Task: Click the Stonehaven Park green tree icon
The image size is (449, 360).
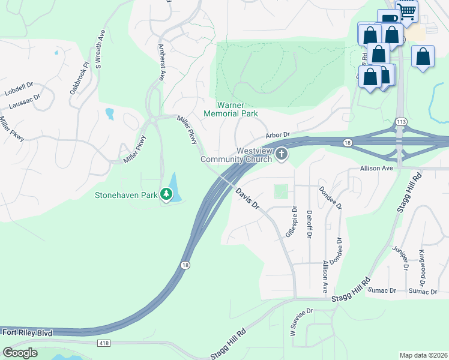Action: pyautogui.click(x=166, y=194)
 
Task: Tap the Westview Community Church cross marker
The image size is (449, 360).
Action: pyautogui.click(x=281, y=155)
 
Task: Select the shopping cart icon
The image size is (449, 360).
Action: pyautogui.click(x=408, y=10)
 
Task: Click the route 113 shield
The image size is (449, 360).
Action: pyautogui.click(x=400, y=122)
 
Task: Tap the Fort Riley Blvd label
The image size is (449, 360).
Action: pyautogui.click(x=27, y=332)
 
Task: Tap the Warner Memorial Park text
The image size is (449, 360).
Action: pyautogui.click(x=231, y=109)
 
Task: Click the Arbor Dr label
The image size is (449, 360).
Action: pyautogui.click(x=277, y=135)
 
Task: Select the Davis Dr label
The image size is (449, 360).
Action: pyautogui.click(x=247, y=198)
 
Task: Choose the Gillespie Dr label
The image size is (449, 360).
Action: pyautogui.click(x=291, y=222)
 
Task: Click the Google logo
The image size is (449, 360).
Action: pyautogui.click(x=20, y=353)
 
